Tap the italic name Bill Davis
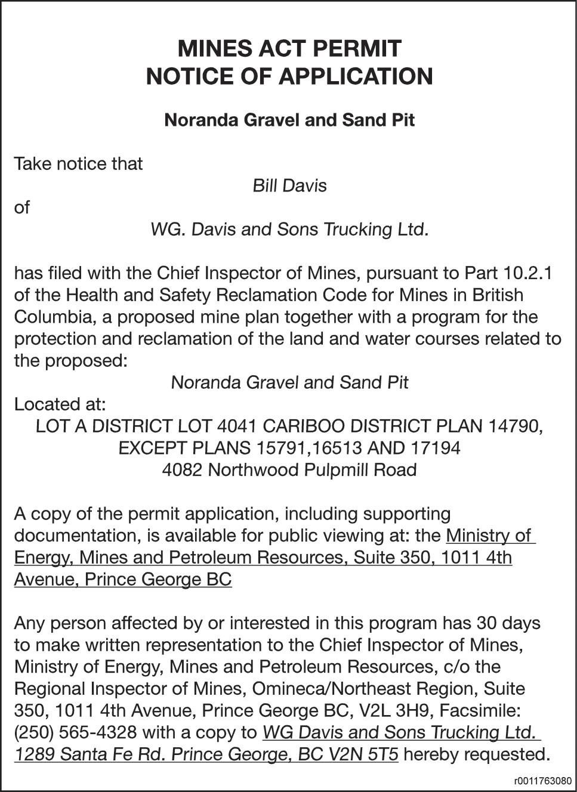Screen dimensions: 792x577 click(x=289, y=185)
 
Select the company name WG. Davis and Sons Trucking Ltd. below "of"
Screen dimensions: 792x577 click(x=289, y=229)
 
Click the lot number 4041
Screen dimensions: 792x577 click(x=237, y=426)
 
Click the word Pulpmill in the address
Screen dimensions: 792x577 click(x=336, y=470)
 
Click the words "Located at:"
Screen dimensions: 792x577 click(x=60, y=404)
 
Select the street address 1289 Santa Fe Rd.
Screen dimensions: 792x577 click(x=90, y=754)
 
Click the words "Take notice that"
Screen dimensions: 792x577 click(x=78, y=163)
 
